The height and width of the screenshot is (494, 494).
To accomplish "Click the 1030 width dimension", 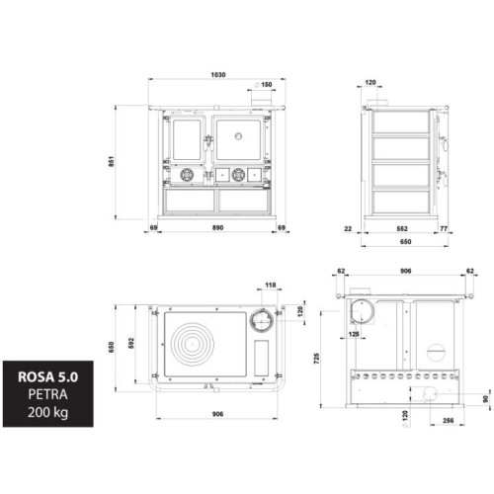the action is point(218,75).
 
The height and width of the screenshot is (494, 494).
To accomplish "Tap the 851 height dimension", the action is point(112,161).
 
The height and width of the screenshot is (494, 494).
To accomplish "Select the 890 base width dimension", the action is point(217,227).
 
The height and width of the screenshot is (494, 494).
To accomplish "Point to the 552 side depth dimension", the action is point(402,228).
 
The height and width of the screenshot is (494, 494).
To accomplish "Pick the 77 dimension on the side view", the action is point(444,228).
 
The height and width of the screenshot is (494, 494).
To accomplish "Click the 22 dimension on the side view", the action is point(348,228).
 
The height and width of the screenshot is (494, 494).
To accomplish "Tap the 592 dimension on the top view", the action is point(131,343).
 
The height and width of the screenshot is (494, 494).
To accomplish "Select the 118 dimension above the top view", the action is point(270,285).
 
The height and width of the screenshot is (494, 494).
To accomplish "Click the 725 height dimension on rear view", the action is point(317,359).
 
